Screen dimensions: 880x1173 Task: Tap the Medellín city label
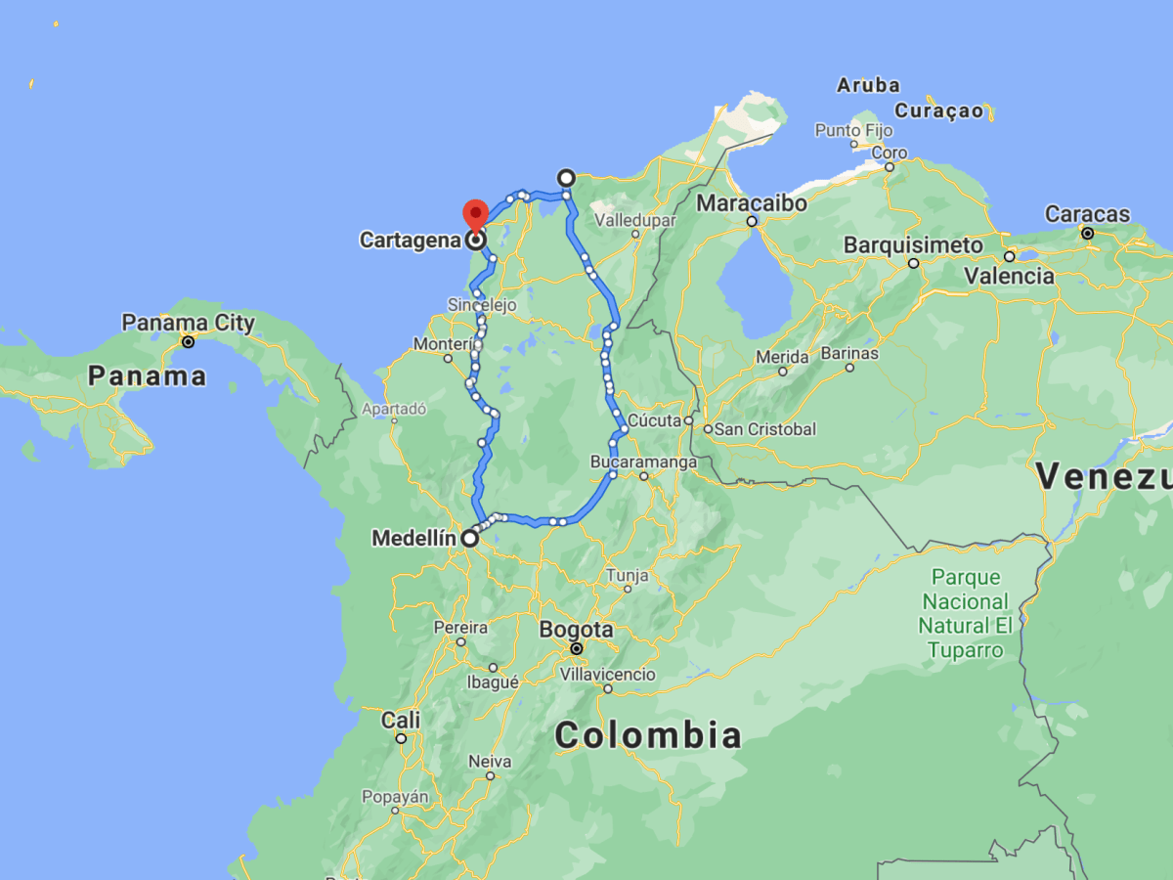coord(414,538)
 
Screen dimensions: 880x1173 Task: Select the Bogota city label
coord(576,630)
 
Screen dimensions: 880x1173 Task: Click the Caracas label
coord(1087,214)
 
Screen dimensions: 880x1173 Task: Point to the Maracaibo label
coord(752,203)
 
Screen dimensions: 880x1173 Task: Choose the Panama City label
coord(188,323)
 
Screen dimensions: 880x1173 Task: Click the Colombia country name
coord(648,734)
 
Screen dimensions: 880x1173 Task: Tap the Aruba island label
coord(868,85)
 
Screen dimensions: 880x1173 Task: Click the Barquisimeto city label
coord(913,244)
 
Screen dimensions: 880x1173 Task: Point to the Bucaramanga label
coord(644,462)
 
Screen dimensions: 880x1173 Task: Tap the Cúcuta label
coord(653,421)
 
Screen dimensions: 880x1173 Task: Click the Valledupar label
coord(635,220)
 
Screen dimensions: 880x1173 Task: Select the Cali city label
coord(401,721)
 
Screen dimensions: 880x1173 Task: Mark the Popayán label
coord(395,797)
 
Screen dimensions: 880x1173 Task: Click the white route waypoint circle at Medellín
coord(470,538)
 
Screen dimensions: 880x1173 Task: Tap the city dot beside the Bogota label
coord(577,648)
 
